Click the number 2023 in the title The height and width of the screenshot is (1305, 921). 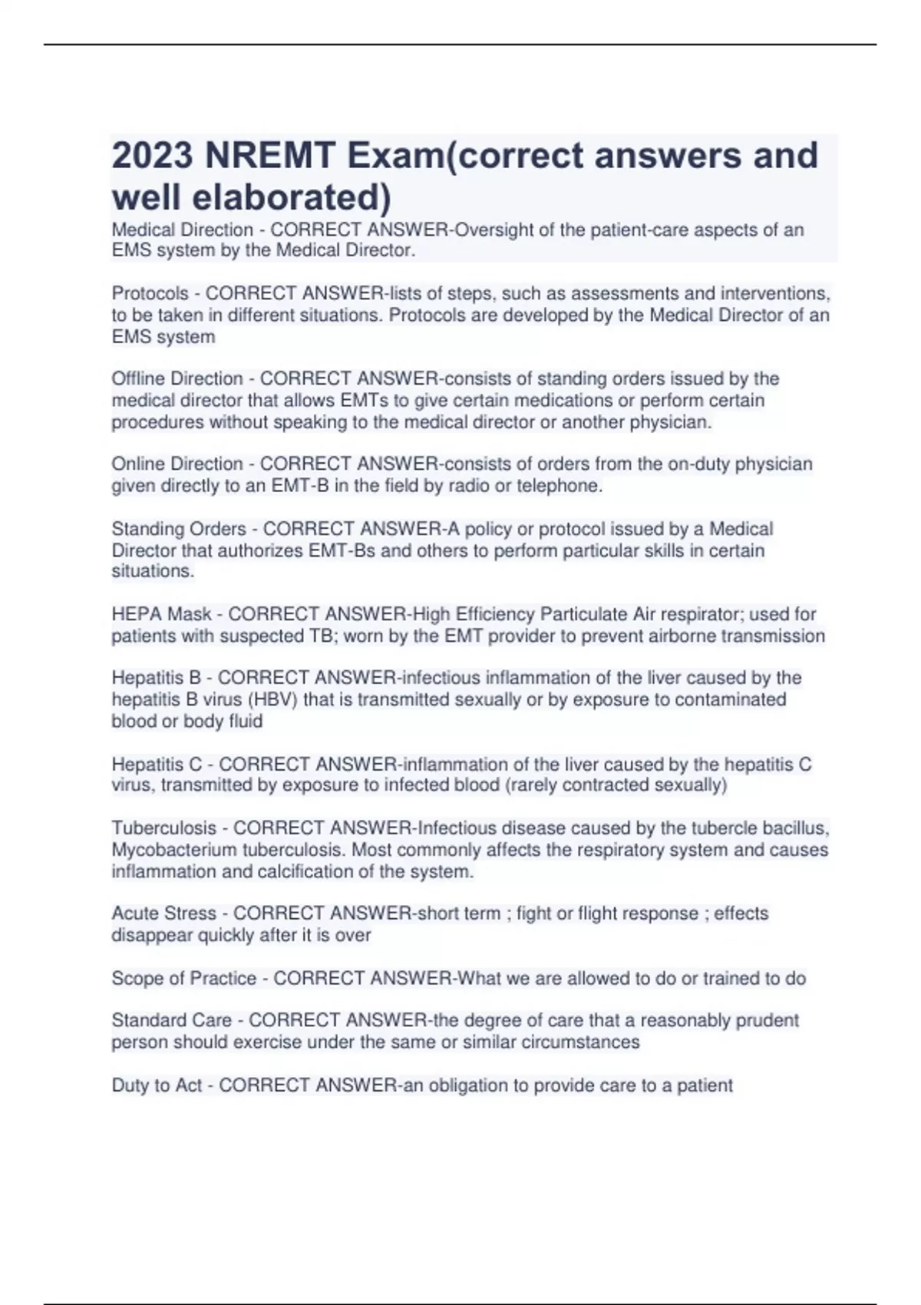click(x=152, y=156)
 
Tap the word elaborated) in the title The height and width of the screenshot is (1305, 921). click(x=292, y=197)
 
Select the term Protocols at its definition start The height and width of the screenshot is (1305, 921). click(x=150, y=293)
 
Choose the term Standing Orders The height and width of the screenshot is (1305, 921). click(x=179, y=529)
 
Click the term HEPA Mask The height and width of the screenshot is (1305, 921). click(x=161, y=614)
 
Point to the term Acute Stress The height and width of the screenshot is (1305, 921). click(x=164, y=914)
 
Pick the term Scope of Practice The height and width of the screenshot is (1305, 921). click(x=184, y=978)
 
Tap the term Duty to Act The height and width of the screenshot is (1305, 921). click(x=157, y=1085)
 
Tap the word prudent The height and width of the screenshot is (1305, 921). click(x=767, y=1020)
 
